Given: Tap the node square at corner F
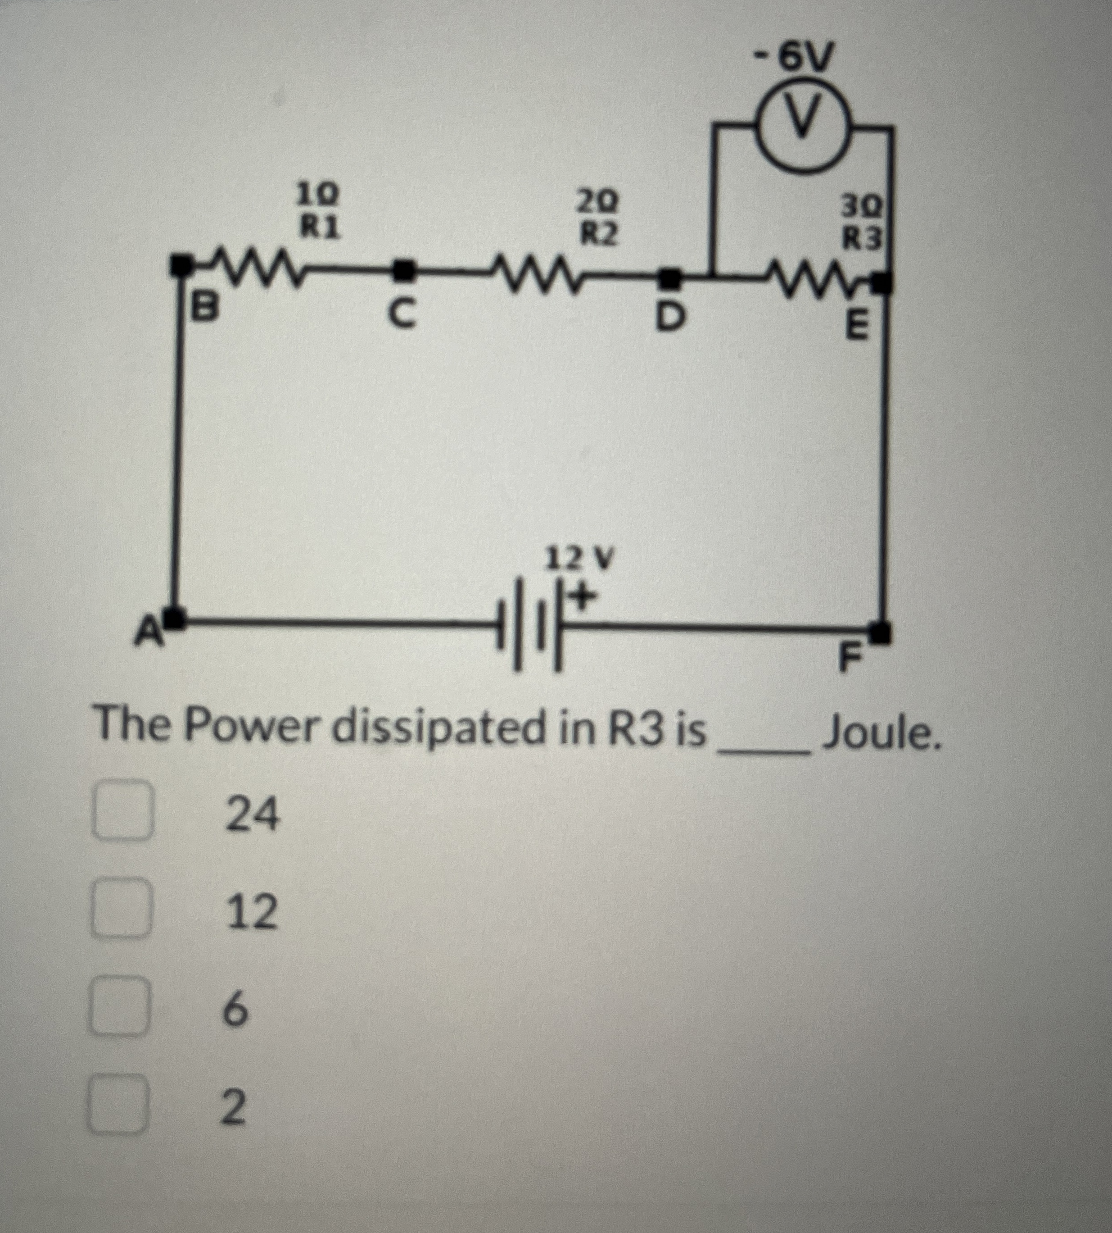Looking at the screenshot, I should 879,632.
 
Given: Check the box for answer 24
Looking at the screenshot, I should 122,810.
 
